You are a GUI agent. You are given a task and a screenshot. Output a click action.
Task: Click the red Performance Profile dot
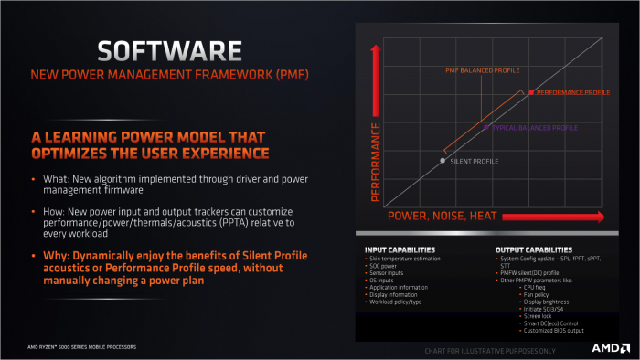[530, 92]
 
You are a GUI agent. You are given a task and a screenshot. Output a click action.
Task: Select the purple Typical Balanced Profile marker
[486, 127]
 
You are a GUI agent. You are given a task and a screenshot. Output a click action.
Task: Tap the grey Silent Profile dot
[443, 161]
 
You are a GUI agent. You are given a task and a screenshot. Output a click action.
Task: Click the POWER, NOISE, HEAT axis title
[443, 217]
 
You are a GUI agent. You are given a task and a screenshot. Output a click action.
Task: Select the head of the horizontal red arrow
[599, 217]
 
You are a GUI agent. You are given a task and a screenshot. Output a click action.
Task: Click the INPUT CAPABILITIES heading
[400, 249]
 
